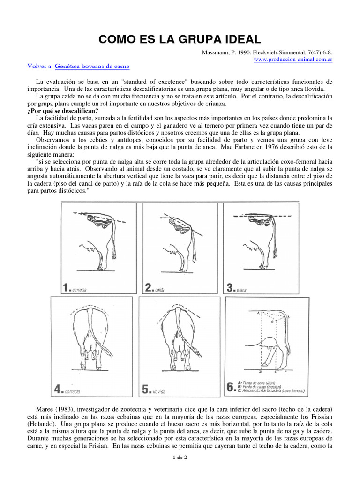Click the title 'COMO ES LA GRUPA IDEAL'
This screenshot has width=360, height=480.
coord(180,38)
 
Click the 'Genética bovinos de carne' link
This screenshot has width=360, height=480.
coord(92,67)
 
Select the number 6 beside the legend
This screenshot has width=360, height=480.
coord(230,388)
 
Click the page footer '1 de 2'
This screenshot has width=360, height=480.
coord(180,471)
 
